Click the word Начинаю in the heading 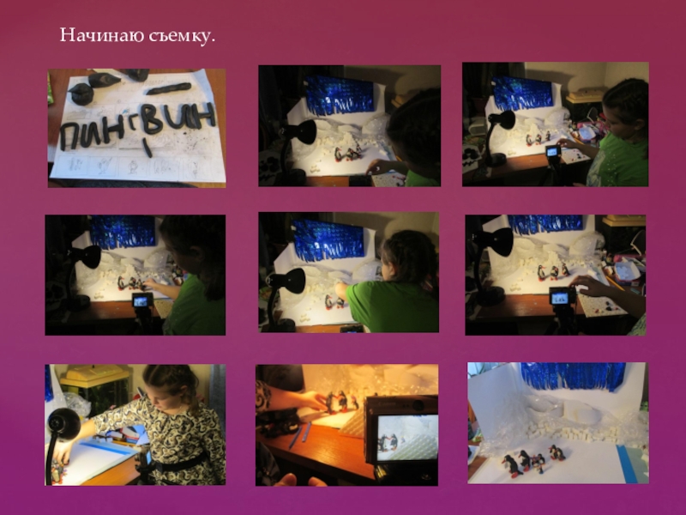102,35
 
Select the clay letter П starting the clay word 71,136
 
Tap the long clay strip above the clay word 168,88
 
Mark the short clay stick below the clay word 147,147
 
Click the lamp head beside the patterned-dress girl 63,423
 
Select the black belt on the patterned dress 175,464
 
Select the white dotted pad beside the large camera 353,424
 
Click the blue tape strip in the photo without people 628,464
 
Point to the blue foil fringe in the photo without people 573,376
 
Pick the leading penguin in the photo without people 510,465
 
